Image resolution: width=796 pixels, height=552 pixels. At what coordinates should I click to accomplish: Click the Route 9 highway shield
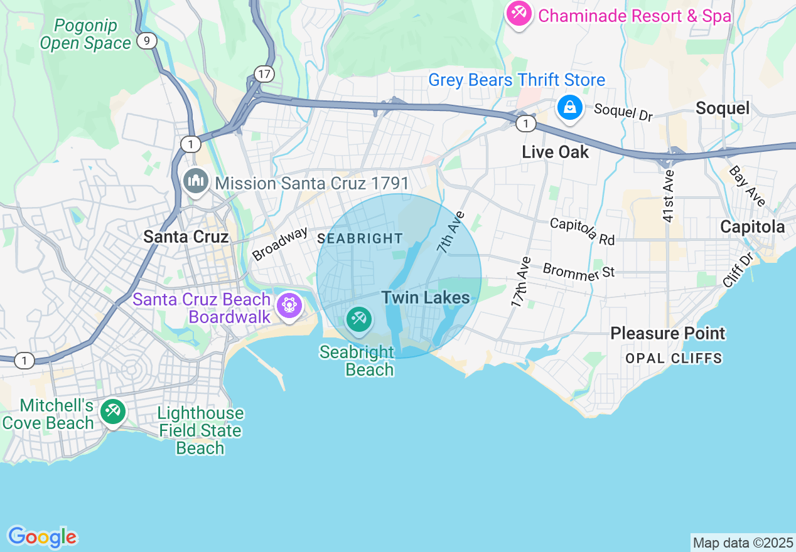[x=146, y=41]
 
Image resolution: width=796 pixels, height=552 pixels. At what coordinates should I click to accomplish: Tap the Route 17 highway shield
[x=264, y=74]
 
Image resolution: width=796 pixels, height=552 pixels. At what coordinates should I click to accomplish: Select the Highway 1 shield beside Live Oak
[x=526, y=124]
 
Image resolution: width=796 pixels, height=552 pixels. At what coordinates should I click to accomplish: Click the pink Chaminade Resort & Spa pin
[x=519, y=13]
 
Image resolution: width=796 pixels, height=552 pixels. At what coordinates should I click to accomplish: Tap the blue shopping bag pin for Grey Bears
[x=569, y=108]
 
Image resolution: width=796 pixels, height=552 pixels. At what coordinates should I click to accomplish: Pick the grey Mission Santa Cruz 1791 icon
[x=196, y=182]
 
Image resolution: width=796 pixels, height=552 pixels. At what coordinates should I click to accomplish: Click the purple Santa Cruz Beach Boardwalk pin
[x=289, y=305]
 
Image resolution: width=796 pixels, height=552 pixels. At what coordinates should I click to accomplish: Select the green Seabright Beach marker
[x=359, y=320]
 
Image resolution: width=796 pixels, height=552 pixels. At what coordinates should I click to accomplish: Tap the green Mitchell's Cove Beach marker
[x=113, y=412]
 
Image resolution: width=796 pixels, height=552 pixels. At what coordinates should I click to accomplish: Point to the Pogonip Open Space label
[x=85, y=34]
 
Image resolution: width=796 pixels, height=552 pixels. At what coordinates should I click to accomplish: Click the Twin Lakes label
[x=426, y=297]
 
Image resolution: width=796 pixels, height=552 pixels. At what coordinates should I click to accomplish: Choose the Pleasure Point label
[x=667, y=333]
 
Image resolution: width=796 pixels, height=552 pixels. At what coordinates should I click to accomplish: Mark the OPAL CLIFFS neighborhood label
[x=674, y=358]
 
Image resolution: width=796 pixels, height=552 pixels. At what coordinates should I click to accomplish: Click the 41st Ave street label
[x=668, y=195]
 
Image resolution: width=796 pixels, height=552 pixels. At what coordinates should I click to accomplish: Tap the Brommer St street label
[x=578, y=270]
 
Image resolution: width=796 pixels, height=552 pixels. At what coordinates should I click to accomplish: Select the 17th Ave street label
[x=520, y=282]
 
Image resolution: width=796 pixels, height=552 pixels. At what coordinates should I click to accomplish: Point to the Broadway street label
[x=280, y=243]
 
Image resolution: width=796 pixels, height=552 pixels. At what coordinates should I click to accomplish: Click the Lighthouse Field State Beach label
[x=200, y=430]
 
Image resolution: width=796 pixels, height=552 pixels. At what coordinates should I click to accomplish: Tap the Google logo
[x=42, y=538]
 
